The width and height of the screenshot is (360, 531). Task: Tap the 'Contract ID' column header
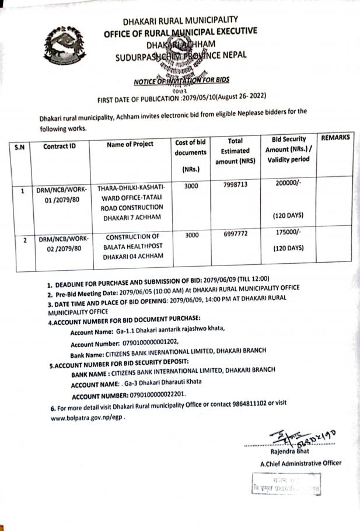click(60, 146)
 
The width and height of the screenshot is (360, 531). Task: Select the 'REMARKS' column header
click(335, 138)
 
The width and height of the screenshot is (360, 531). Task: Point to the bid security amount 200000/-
click(288, 183)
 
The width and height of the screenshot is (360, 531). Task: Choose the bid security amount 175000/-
click(288, 232)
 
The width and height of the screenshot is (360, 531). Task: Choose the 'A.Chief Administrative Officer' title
click(300, 463)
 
